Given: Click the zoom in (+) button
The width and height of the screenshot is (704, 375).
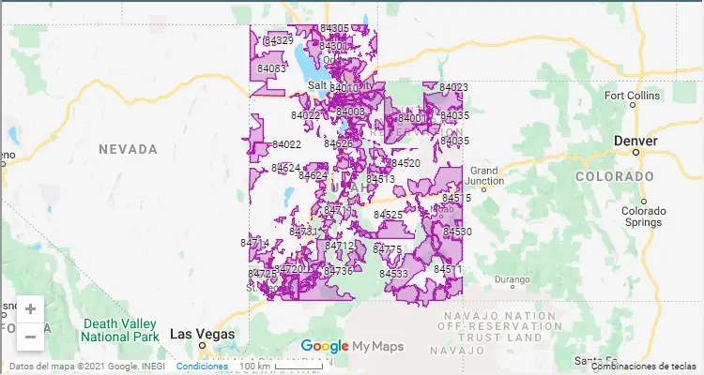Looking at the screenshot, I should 30,308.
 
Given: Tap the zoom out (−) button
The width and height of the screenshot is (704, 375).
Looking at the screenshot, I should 30,336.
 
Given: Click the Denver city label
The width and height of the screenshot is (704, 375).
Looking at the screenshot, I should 635,141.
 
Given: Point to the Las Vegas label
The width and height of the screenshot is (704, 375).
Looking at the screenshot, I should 203,334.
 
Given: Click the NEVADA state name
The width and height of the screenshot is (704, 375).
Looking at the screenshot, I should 128,149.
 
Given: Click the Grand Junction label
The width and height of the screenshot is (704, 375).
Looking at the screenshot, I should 484,176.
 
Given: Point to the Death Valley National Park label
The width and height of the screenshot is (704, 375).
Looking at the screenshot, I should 120,330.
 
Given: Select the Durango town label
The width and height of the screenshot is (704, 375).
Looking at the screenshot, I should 513,279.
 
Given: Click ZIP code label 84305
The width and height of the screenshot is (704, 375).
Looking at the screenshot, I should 334,29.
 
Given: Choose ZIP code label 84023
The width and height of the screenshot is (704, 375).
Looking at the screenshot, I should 452,87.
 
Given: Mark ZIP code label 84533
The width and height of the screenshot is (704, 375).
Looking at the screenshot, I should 393,274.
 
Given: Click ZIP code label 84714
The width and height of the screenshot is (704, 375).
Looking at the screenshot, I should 254,243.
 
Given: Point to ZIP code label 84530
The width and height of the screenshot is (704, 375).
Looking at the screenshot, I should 457,232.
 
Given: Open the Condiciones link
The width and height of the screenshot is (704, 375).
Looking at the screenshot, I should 202,366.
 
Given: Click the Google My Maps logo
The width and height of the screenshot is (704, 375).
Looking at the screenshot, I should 352,346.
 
